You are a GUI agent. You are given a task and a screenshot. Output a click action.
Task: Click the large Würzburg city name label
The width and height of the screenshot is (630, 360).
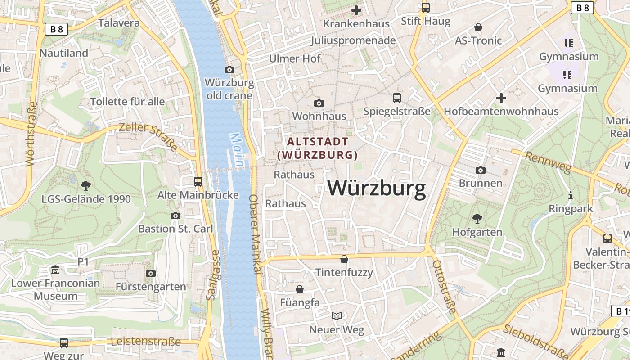376,188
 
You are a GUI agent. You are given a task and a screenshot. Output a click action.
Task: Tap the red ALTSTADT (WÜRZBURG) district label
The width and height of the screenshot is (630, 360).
318,148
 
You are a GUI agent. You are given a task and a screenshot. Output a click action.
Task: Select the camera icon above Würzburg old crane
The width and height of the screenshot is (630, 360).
229,69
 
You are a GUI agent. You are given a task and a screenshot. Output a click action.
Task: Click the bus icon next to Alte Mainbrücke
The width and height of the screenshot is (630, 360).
198,181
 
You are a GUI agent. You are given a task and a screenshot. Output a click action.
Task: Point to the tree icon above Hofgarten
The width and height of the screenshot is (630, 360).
477,219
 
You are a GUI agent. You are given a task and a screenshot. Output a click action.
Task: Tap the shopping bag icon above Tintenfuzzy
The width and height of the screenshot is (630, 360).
344,259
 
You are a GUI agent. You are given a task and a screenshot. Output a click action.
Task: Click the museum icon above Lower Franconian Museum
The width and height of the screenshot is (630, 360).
55,270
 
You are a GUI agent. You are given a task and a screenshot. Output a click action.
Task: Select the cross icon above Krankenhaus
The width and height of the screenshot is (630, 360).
356,10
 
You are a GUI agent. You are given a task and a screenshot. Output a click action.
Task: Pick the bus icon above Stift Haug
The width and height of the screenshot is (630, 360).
425,8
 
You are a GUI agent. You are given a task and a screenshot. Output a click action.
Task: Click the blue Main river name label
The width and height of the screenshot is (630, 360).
237,150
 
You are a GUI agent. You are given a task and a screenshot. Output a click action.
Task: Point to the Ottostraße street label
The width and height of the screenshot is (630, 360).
444,286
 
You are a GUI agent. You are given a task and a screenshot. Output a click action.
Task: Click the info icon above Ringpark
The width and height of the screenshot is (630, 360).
571,195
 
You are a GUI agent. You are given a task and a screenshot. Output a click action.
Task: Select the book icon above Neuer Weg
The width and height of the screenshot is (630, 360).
337,316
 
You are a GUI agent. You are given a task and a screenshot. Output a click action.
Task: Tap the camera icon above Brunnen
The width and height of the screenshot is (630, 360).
481,170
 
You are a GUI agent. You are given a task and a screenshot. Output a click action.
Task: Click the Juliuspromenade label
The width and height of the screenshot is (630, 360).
353,40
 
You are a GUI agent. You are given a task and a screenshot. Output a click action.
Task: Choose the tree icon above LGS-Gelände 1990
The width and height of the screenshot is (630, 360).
85,185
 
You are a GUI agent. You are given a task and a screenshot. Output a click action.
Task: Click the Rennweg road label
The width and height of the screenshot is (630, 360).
548,163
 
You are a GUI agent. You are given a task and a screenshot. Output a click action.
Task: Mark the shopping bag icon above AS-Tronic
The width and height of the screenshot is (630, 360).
478,27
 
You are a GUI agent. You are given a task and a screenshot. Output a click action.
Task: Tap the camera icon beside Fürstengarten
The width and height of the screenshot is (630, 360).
151,273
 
